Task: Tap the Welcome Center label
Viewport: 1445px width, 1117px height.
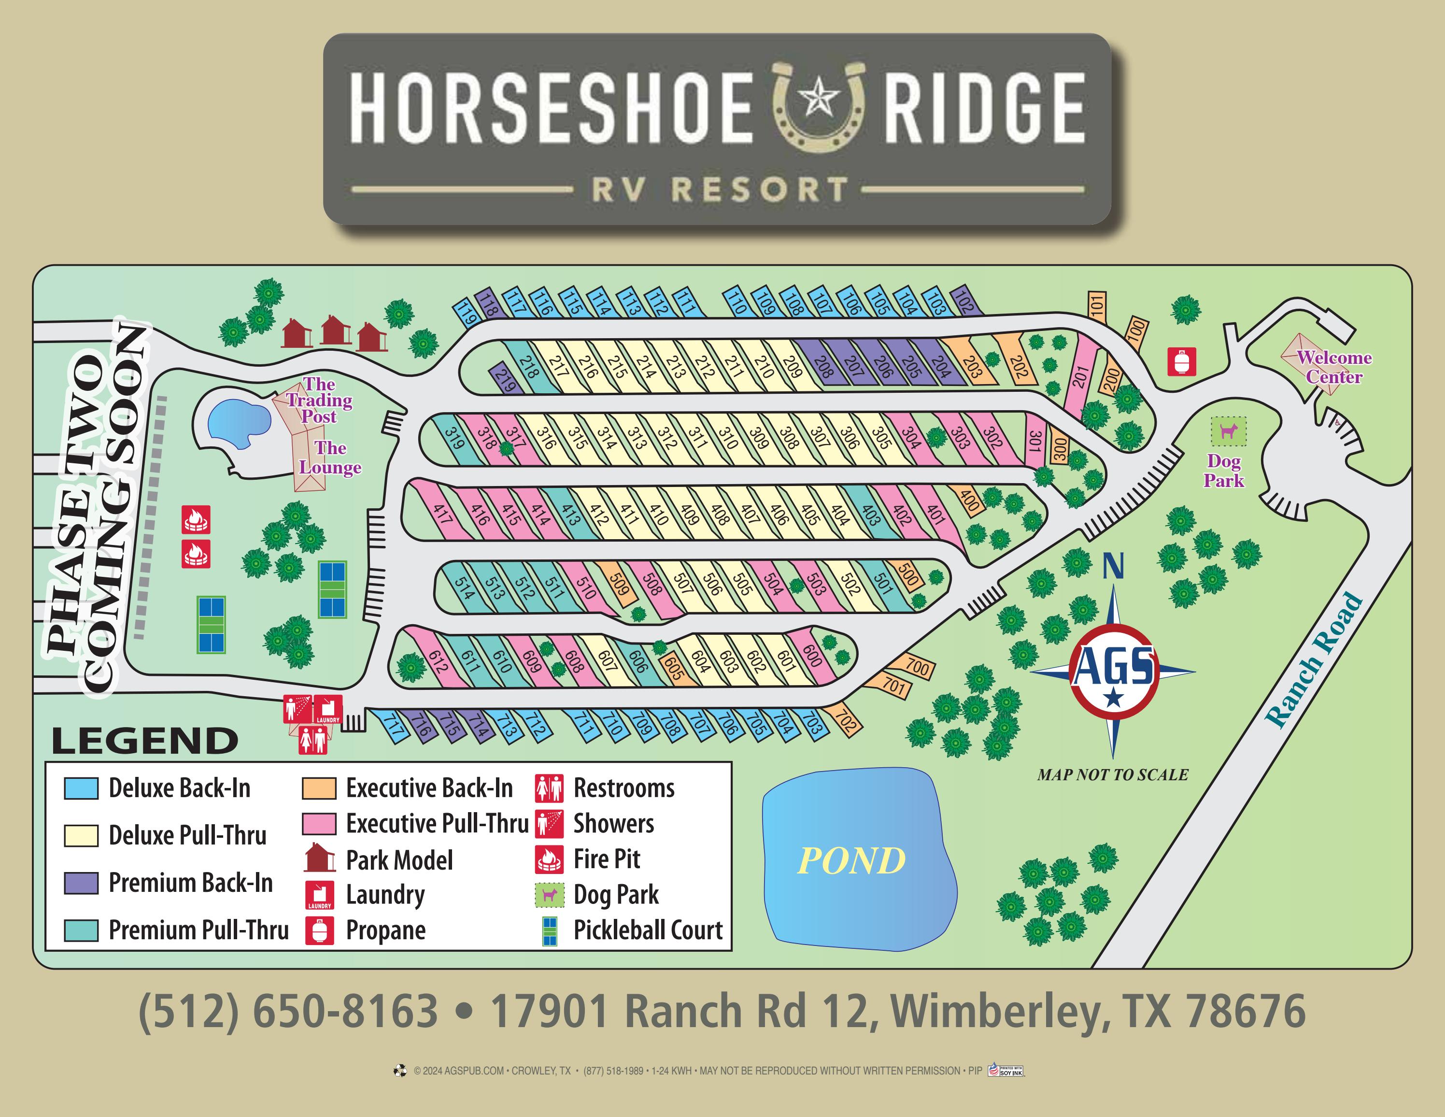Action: click(1333, 367)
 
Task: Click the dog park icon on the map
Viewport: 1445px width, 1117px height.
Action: click(1229, 431)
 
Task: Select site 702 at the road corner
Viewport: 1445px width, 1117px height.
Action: click(846, 718)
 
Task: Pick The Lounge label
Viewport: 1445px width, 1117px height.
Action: click(329, 458)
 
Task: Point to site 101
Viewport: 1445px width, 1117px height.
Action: click(1097, 306)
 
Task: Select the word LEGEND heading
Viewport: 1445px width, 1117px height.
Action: click(145, 741)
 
